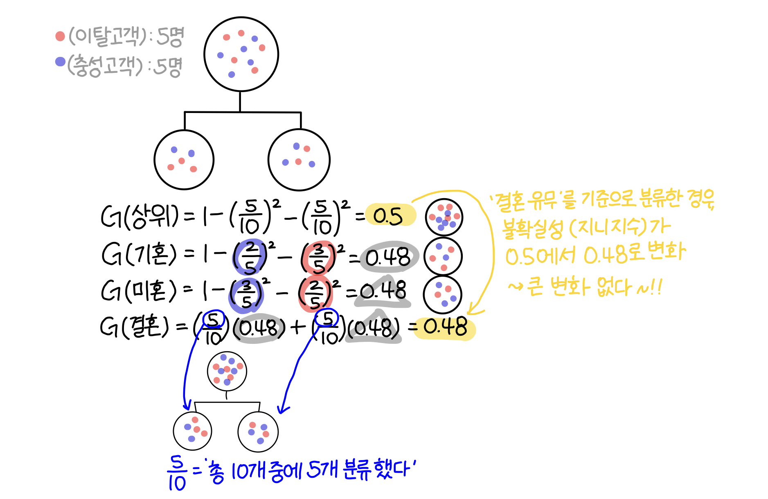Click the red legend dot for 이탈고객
click(60, 36)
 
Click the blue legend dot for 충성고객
click(60, 62)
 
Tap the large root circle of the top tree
click(241, 54)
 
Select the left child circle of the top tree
click(184, 160)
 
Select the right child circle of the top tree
click(299, 160)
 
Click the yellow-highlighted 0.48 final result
click(445, 327)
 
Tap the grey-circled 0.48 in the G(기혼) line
click(388, 257)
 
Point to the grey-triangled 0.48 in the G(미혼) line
click(383, 291)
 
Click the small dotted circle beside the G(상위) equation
click(444, 217)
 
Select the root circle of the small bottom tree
click(227, 371)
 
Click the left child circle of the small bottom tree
click(192, 431)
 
